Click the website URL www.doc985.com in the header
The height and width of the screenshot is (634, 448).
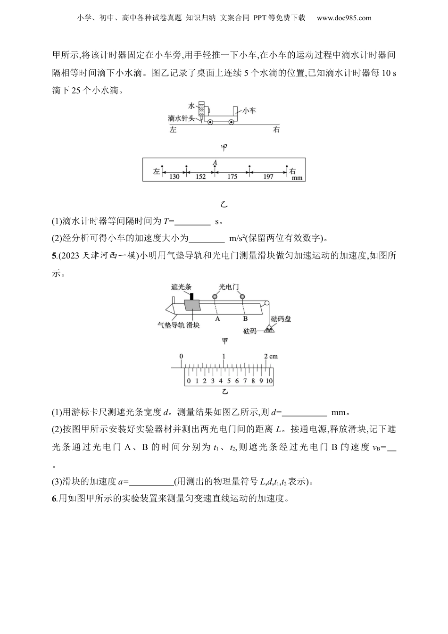pos(344,18)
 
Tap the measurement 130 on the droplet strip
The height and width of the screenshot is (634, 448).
pos(174,177)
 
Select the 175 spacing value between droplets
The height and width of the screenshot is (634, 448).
pos(232,177)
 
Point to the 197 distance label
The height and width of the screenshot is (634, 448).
pos(268,177)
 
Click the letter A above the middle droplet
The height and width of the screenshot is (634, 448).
pos(215,163)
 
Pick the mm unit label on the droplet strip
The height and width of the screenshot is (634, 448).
pos(297,178)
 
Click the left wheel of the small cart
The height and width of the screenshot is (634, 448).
pos(210,122)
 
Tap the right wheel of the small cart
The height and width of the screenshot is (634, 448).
pos(232,122)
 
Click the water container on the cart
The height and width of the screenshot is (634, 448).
pos(202,109)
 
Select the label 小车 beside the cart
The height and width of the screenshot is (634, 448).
pos(249,110)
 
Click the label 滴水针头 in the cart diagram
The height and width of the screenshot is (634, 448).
pos(181,118)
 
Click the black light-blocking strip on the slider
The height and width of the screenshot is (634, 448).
pos(192,296)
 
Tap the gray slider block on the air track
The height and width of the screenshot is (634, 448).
pos(193,305)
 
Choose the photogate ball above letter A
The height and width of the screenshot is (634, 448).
pos(215,297)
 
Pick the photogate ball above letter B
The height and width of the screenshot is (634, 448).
pos(242,297)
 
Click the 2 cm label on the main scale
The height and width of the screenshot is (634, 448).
pos(271,356)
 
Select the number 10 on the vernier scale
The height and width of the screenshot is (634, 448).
pos(269,381)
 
